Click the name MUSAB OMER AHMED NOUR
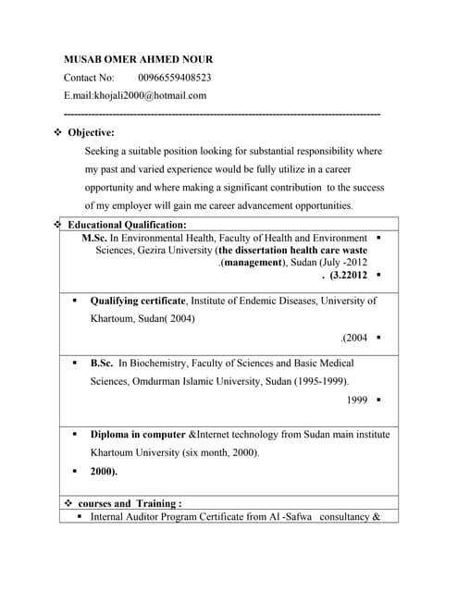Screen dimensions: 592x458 [138, 59]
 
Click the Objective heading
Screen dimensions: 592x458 [92, 132]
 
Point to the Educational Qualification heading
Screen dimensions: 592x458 [127, 225]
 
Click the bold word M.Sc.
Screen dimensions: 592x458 [94, 238]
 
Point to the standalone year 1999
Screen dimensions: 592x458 [357, 400]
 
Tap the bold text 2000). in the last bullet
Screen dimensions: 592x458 [104, 471]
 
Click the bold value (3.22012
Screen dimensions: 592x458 [348, 275]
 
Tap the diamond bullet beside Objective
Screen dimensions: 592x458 [57, 132]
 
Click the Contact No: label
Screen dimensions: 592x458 [89, 78]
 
